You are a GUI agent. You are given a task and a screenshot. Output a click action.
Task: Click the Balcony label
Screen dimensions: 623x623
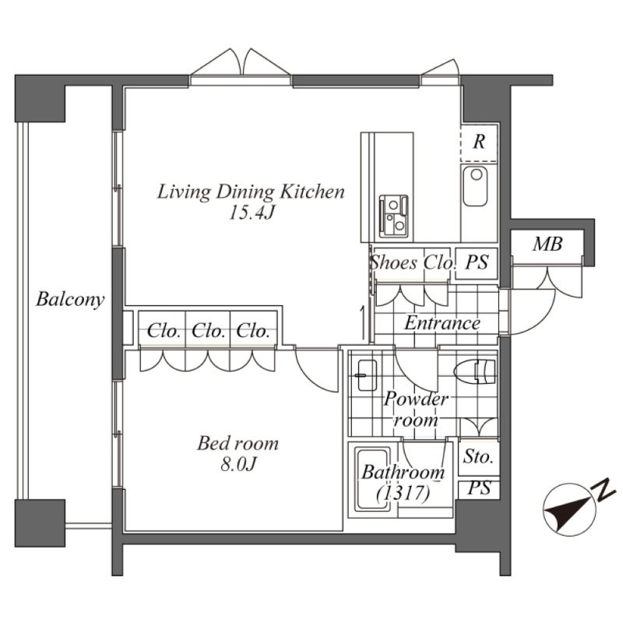click(x=70, y=300)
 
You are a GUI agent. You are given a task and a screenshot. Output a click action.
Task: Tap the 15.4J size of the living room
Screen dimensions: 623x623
click(x=251, y=213)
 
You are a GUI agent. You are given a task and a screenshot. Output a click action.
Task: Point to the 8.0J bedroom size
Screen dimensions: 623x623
click(x=238, y=463)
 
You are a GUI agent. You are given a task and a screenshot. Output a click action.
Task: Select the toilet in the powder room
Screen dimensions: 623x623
click(x=475, y=371)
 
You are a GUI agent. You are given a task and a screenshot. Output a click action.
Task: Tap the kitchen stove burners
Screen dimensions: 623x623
click(x=393, y=216)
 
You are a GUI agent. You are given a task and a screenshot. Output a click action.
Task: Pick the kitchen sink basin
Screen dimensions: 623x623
click(x=476, y=186)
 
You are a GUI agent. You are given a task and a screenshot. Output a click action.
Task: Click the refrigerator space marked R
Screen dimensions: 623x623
click(x=479, y=142)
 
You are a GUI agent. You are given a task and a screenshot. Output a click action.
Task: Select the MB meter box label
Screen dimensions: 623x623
click(x=547, y=244)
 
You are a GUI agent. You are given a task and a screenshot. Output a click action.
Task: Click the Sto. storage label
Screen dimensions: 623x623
click(x=478, y=457)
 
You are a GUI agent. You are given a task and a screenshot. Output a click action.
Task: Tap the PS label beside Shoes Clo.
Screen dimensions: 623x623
click(x=477, y=262)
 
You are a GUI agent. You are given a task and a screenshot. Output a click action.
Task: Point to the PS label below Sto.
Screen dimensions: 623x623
click(x=479, y=488)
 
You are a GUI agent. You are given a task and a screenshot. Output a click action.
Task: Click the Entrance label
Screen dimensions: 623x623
click(x=442, y=323)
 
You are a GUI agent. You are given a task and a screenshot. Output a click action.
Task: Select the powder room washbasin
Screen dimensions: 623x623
click(x=367, y=375)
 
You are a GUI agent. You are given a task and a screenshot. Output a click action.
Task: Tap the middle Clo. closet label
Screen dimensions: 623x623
click(x=207, y=330)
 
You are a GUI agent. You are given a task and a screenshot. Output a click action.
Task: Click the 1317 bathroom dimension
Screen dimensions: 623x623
click(x=403, y=494)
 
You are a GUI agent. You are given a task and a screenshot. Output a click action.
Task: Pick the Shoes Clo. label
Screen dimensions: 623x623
click(x=412, y=262)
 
